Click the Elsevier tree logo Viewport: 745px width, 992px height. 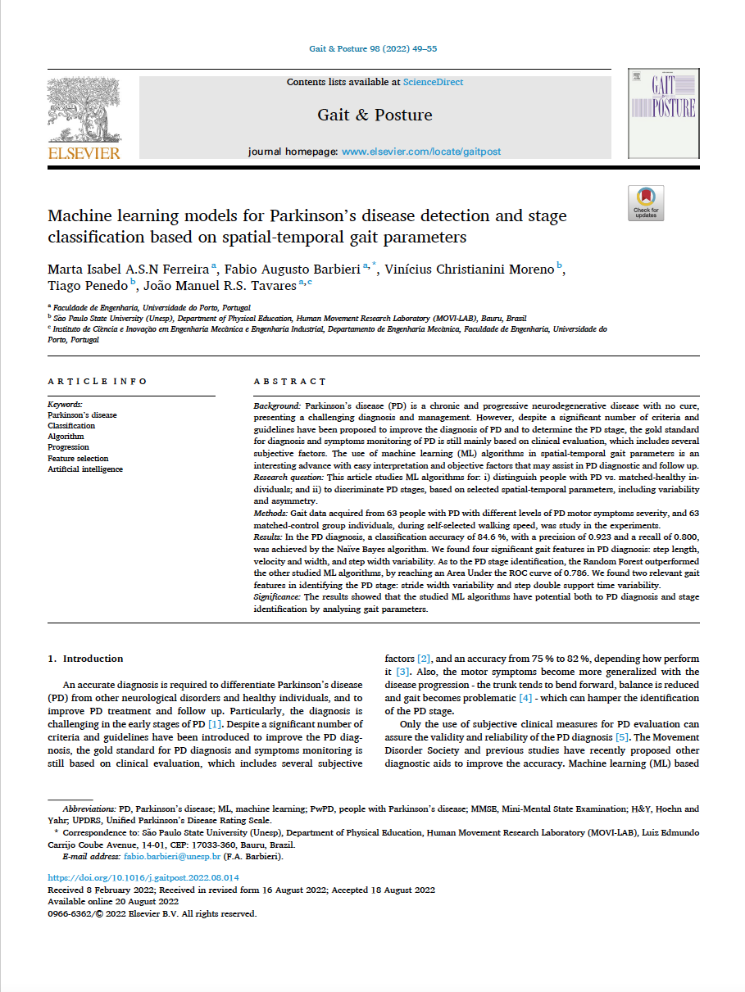coord(84,108)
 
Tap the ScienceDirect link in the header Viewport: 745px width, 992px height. coord(433,82)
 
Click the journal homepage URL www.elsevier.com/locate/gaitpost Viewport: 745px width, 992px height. coord(420,152)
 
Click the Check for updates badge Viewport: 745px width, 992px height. coord(646,202)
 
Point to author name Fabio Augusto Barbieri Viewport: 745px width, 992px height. coord(293,270)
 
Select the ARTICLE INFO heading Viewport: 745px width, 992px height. coord(98,382)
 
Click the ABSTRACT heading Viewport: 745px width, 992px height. coord(289,382)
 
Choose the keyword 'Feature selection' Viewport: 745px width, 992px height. coord(78,459)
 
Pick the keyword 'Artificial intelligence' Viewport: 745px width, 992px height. coord(85,469)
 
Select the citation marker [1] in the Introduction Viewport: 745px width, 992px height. coord(214,724)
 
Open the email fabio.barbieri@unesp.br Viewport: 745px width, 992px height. coord(172,856)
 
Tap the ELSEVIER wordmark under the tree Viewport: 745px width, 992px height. coord(84,153)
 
